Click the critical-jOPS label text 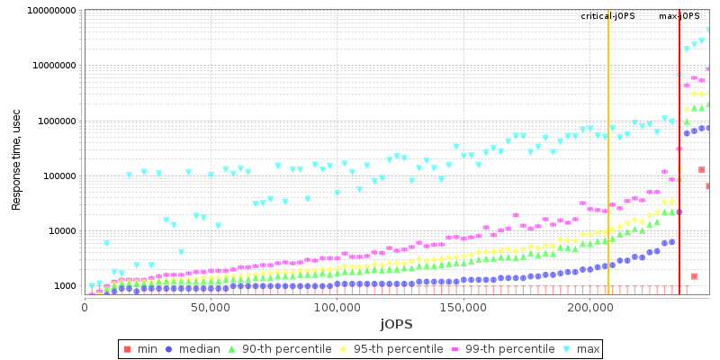607,16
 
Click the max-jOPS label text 679,16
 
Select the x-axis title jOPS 396,323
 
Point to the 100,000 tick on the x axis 336,308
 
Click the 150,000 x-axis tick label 462,308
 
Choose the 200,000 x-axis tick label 588,308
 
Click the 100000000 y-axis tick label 44,11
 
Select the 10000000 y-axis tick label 47,66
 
